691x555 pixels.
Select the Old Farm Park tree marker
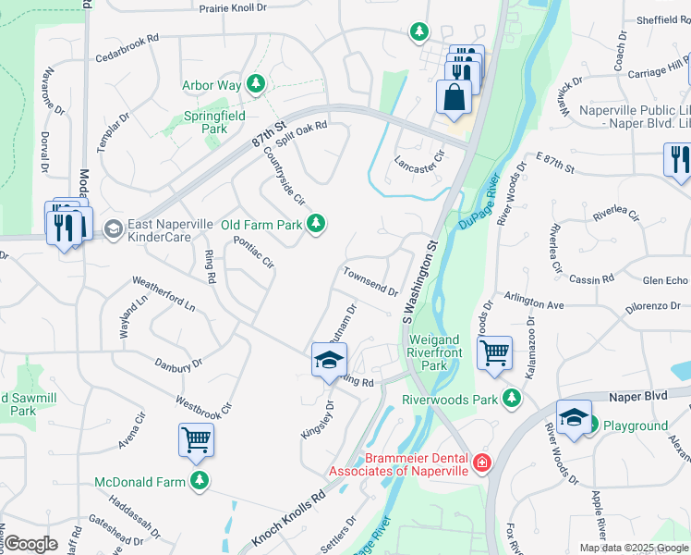tap(316, 224)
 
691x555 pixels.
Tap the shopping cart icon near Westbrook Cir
tap(196, 441)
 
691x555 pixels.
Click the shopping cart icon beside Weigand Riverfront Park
tap(494, 351)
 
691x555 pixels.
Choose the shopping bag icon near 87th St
tap(454, 97)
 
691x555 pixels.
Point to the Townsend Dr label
tap(370, 282)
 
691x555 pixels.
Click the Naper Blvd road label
tap(637, 395)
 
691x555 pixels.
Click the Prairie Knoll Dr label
tap(246, 7)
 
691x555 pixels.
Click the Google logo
tap(30, 543)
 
